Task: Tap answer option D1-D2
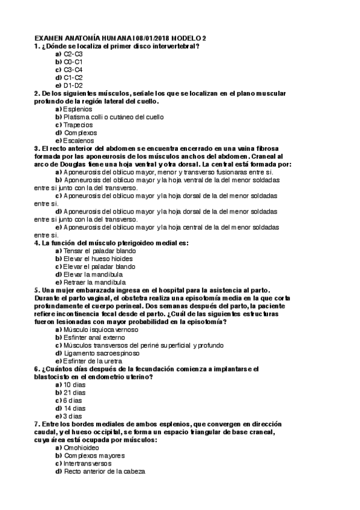73,85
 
